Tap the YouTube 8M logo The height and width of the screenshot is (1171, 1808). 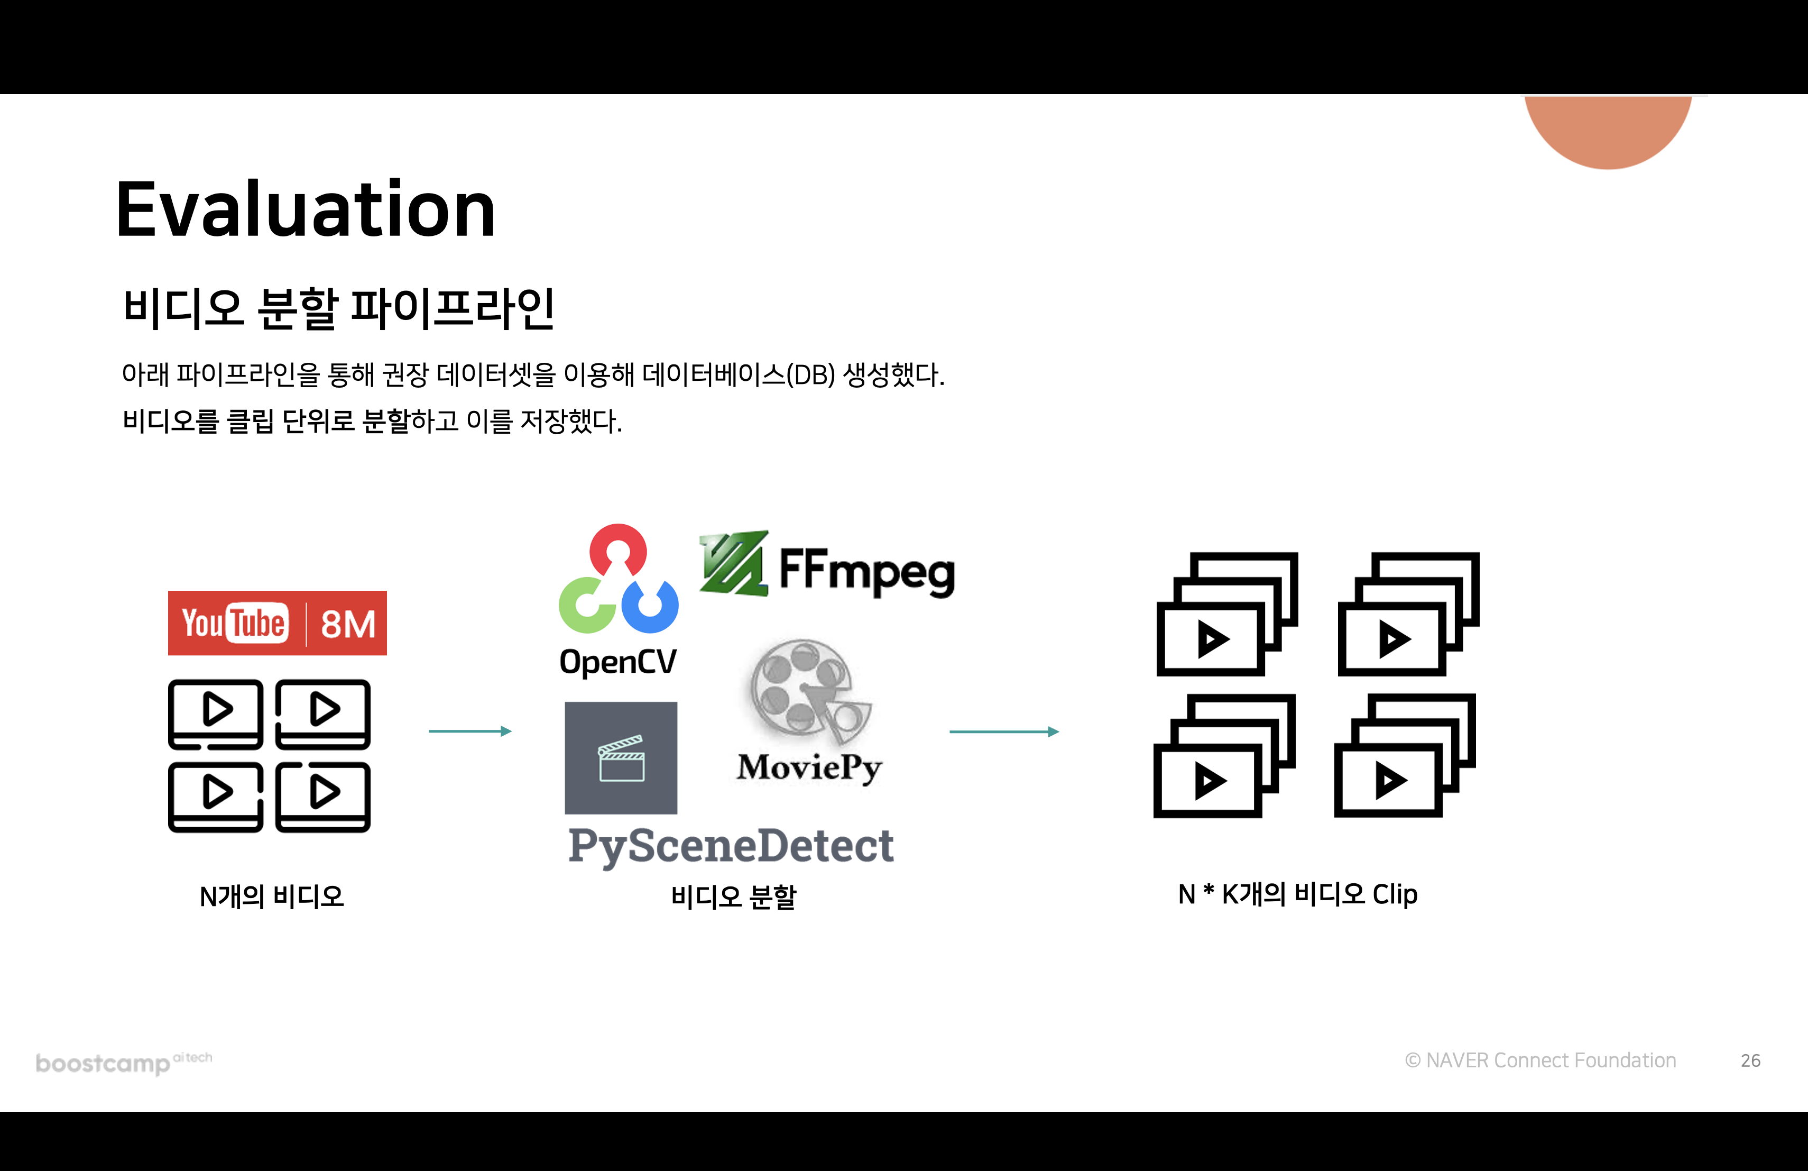pyautogui.click(x=277, y=623)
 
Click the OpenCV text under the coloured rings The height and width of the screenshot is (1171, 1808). pyautogui.click(x=617, y=662)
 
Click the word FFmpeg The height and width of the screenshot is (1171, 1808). pyautogui.click(x=867, y=571)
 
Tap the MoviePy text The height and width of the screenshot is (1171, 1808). pyautogui.click(x=809, y=767)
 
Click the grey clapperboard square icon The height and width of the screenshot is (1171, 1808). pyautogui.click(x=621, y=757)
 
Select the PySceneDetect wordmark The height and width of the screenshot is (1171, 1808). pyautogui.click(x=731, y=846)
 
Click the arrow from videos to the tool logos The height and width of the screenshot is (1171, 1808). pyautogui.click(x=470, y=731)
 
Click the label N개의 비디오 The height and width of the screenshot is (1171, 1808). pyautogui.click(x=271, y=896)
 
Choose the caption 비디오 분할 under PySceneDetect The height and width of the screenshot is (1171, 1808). pyautogui.click(x=733, y=896)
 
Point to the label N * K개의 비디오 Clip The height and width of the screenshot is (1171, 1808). pyautogui.click(x=1297, y=894)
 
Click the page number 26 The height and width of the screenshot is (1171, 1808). pyautogui.click(x=1750, y=1060)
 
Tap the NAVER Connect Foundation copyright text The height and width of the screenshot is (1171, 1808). pyautogui.click(x=1540, y=1060)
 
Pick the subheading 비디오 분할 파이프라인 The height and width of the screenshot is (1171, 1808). pyautogui.click(x=339, y=308)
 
